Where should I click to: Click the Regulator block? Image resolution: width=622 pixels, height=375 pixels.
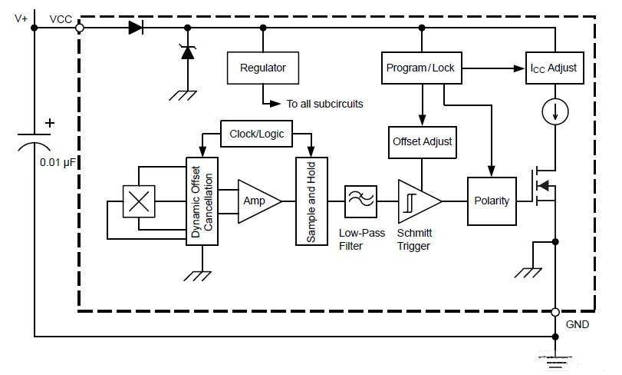pos(263,68)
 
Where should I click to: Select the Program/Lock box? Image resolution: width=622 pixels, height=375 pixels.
pos(420,68)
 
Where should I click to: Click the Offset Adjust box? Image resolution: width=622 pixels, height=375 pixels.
pos(422,141)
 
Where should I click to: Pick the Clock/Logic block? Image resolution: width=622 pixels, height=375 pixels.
pos(257,134)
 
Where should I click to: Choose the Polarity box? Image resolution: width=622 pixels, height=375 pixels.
pos(492,201)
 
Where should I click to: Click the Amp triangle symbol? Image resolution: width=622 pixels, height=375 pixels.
pos(256,201)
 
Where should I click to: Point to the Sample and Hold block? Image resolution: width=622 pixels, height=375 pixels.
pos(311,201)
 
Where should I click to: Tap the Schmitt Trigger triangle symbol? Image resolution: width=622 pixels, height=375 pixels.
pos(416,201)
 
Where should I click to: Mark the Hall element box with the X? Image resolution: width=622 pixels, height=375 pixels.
pos(138,201)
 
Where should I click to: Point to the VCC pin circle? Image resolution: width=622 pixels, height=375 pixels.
pos(79,28)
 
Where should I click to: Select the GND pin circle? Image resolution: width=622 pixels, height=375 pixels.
pos(555,312)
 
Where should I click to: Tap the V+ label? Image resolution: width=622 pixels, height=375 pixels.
pos(22,18)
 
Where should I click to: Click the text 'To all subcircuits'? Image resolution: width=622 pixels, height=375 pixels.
pos(324,104)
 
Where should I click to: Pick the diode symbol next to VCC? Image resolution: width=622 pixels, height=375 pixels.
pos(136,28)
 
